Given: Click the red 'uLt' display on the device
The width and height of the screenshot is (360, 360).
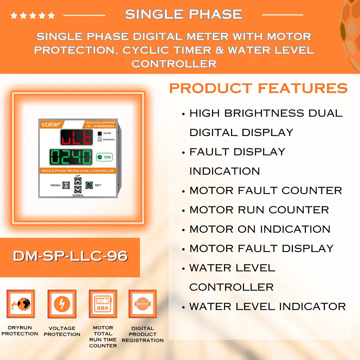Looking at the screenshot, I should click(x=76, y=137).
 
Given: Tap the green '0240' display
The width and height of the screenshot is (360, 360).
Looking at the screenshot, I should click(x=71, y=157).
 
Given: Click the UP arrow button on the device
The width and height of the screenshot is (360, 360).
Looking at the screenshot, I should click(x=78, y=181).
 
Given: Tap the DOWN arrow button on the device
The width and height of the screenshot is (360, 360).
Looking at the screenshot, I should click(x=78, y=189).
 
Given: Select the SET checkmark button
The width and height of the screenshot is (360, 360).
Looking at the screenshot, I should click(x=89, y=185).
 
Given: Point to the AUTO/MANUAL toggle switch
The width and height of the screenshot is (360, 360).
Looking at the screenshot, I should click(x=100, y=136).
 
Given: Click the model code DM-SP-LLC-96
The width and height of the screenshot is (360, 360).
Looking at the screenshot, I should click(x=70, y=256).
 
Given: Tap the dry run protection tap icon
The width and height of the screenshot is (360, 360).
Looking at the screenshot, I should click(x=21, y=304).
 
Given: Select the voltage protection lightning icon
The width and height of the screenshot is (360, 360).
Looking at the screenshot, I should click(x=62, y=304).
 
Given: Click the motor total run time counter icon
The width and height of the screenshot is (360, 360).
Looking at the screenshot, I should click(x=103, y=304).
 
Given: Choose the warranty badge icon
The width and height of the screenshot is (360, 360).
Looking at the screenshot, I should click(x=143, y=304).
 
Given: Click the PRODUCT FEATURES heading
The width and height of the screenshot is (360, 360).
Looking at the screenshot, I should click(x=258, y=88).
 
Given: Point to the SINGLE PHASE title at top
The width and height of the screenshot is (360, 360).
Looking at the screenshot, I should click(x=184, y=14).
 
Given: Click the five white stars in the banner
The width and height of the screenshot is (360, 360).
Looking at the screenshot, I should click(x=33, y=15).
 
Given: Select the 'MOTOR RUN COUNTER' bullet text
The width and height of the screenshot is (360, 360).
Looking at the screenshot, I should click(x=259, y=210).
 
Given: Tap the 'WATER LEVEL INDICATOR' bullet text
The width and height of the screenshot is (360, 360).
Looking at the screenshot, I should click(x=267, y=306).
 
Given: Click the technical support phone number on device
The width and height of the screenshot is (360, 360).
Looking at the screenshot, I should click(x=100, y=126).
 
